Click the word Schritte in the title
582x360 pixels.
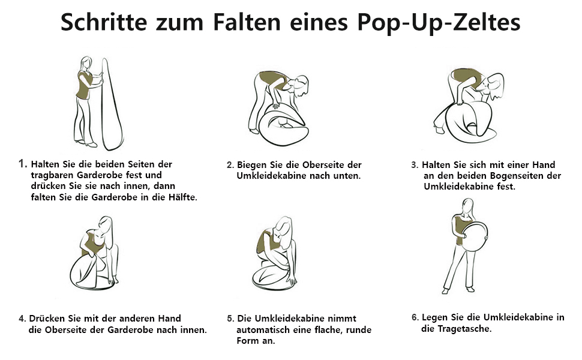pos(104,22)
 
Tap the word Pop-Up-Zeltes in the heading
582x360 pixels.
pos(439,23)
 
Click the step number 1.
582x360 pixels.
pos(23,163)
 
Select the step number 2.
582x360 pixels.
pos(230,165)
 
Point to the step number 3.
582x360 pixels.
pos(415,165)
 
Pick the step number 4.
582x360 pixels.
pos(22,319)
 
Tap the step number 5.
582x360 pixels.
pos(230,319)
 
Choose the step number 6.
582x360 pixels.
pos(415,317)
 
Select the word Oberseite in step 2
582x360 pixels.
pos(323,165)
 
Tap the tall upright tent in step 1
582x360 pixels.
pos(112,104)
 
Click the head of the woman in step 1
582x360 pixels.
pos(86,63)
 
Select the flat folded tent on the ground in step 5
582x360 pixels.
pos(274,279)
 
